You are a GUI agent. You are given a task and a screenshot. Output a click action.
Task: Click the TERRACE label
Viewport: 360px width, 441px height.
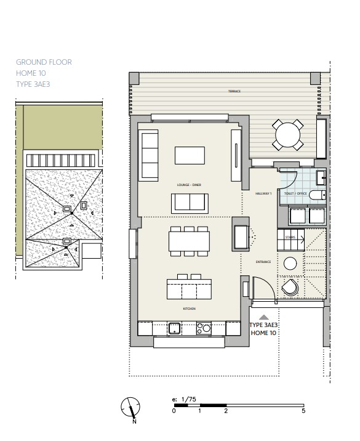(x=234, y=91)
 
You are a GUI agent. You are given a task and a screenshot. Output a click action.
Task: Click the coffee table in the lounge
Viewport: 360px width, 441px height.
(x=190, y=155)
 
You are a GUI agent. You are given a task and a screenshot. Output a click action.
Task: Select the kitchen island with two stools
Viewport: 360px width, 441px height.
(x=190, y=288)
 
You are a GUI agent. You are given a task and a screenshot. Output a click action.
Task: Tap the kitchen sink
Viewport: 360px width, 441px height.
(x=175, y=328)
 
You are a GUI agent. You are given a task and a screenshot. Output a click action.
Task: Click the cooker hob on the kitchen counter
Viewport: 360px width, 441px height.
(x=203, y=328)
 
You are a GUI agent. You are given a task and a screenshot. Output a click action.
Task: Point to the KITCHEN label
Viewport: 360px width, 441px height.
(x=189, y=309)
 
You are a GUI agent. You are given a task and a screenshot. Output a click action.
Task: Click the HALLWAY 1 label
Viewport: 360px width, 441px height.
(x=264, y=193)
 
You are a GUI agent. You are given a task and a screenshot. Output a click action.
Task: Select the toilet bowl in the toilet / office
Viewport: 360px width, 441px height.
(x=317, y=195)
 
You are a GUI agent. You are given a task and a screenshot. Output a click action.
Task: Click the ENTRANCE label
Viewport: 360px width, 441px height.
(x=264, y=262)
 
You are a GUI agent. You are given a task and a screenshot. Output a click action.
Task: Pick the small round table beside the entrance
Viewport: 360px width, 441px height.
(x=290, y=264)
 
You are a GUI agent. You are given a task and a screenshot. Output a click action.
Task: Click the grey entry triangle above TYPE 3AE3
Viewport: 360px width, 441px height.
(x=264, y=317)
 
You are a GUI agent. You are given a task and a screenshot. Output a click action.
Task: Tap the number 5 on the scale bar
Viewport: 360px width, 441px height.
(x=303, y=411)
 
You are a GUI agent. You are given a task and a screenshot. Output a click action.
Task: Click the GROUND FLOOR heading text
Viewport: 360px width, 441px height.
(x=44, y=62)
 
